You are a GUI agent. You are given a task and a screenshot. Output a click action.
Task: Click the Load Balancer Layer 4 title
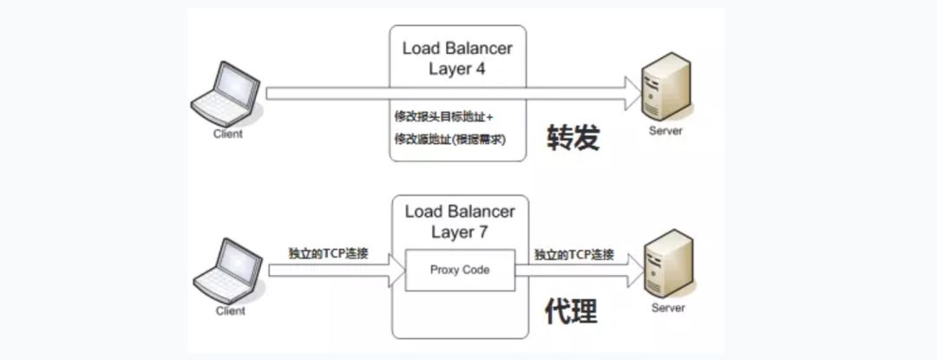click(457, 58)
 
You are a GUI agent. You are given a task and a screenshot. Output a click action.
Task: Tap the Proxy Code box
click(460, 270)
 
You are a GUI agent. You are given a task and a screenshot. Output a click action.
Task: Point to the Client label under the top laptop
click(228, 134)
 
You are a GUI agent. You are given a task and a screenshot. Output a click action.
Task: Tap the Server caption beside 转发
click(665, 131)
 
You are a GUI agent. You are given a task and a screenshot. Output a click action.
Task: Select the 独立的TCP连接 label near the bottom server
click(574, 254)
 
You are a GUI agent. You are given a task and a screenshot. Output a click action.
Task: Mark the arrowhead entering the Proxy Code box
click(394, 271)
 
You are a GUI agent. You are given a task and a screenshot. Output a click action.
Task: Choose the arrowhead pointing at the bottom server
click(630, 271)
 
